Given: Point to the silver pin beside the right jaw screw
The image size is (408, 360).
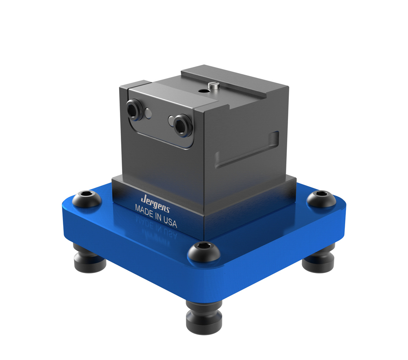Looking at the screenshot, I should pos(171,119).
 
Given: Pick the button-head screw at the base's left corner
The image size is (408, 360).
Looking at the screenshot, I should pos(86,199).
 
